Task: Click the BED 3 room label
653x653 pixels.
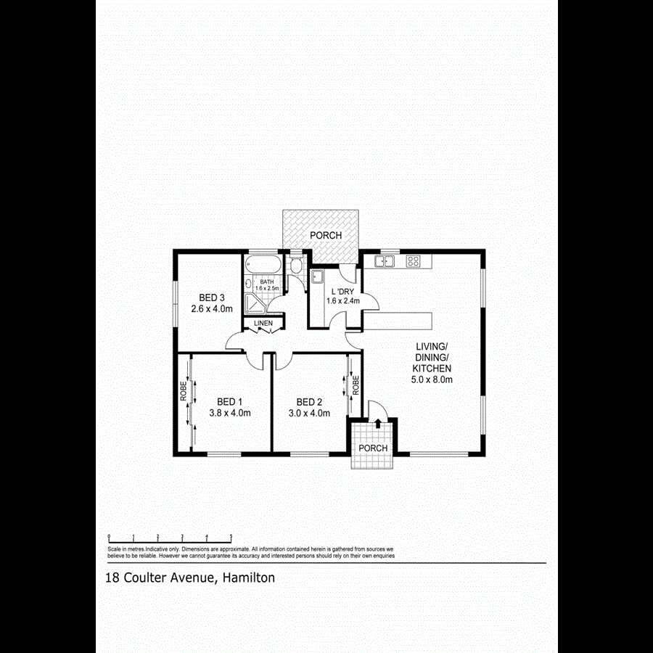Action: (212, 297)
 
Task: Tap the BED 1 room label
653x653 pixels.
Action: (229, 402)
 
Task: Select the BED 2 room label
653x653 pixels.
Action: (309, 402)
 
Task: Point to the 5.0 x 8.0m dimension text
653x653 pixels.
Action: (433, 379)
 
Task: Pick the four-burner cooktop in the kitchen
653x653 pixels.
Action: (414, 261)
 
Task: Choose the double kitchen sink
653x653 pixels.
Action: (384, 261)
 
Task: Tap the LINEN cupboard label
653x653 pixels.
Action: (263, 323)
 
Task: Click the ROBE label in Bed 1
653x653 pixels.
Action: (184, 392)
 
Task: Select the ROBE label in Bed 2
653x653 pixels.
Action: (356, 385)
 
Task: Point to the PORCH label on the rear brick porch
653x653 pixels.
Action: (325, 236)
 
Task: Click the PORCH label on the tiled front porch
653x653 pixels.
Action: (373, 448)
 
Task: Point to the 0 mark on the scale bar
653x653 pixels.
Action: (109, 538)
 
